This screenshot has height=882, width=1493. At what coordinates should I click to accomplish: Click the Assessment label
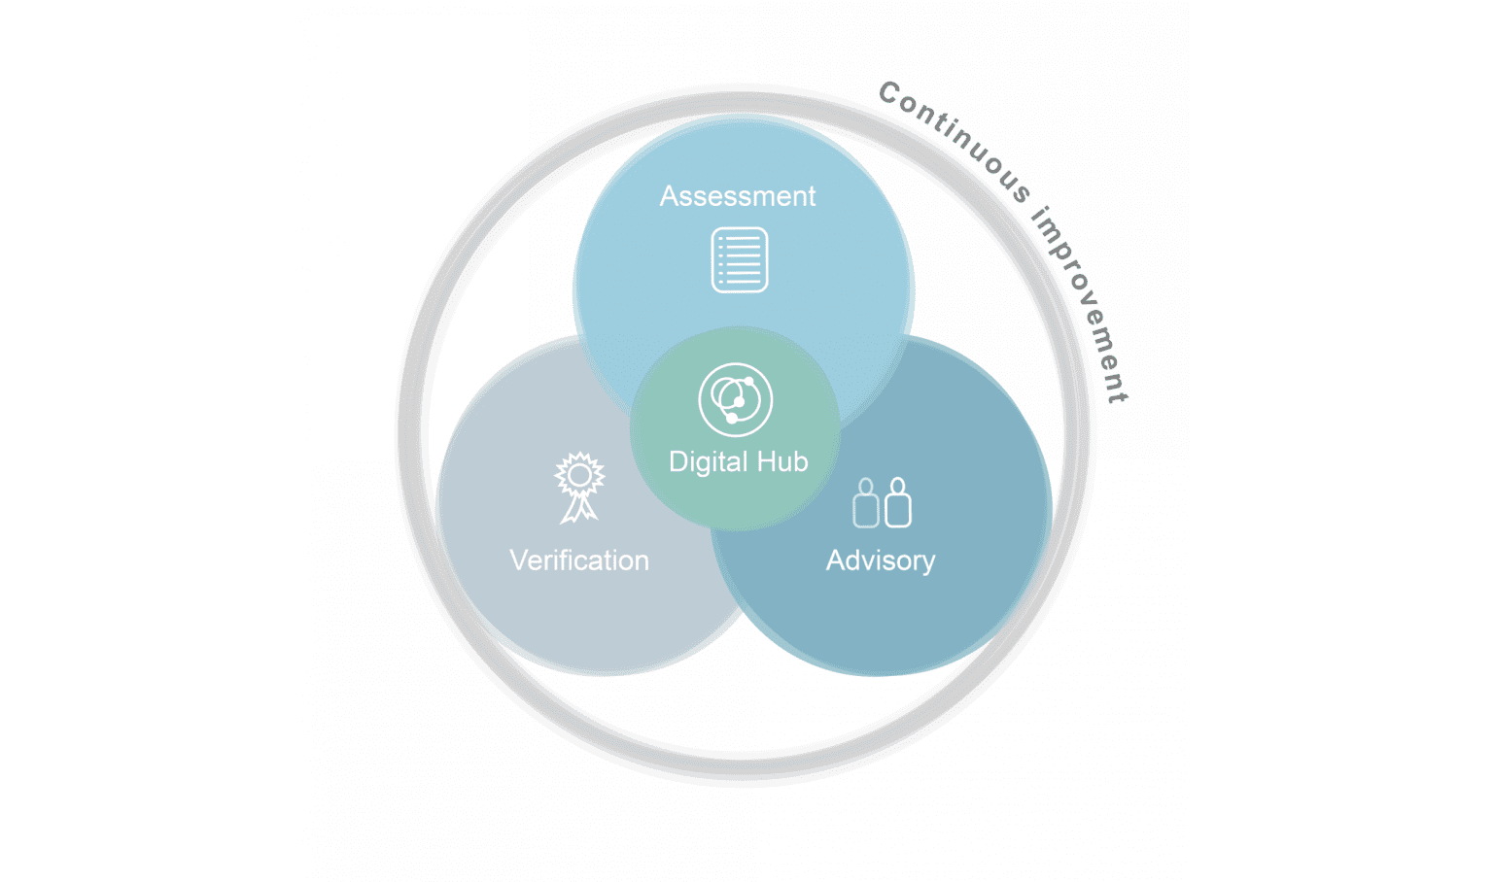738,196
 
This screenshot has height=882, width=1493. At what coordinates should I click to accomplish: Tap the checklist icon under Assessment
740,259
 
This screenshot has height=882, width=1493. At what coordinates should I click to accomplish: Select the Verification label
579,560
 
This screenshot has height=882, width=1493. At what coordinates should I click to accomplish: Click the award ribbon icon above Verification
579,487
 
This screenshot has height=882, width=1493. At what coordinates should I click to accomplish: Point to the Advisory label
881,560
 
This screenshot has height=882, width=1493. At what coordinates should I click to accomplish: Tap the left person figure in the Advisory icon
865,504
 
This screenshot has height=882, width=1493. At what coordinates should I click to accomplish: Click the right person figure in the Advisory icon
898,502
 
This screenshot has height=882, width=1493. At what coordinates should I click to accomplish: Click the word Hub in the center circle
782,461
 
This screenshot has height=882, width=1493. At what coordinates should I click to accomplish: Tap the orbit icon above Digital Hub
736,399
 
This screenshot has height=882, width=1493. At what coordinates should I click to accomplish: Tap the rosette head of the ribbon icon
579,474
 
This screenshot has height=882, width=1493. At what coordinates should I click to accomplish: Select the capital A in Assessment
669,196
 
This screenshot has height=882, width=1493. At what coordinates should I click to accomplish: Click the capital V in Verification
518,560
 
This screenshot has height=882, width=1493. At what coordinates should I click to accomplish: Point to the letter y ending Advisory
928,563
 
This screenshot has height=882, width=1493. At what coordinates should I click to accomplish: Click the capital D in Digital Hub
678,461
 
